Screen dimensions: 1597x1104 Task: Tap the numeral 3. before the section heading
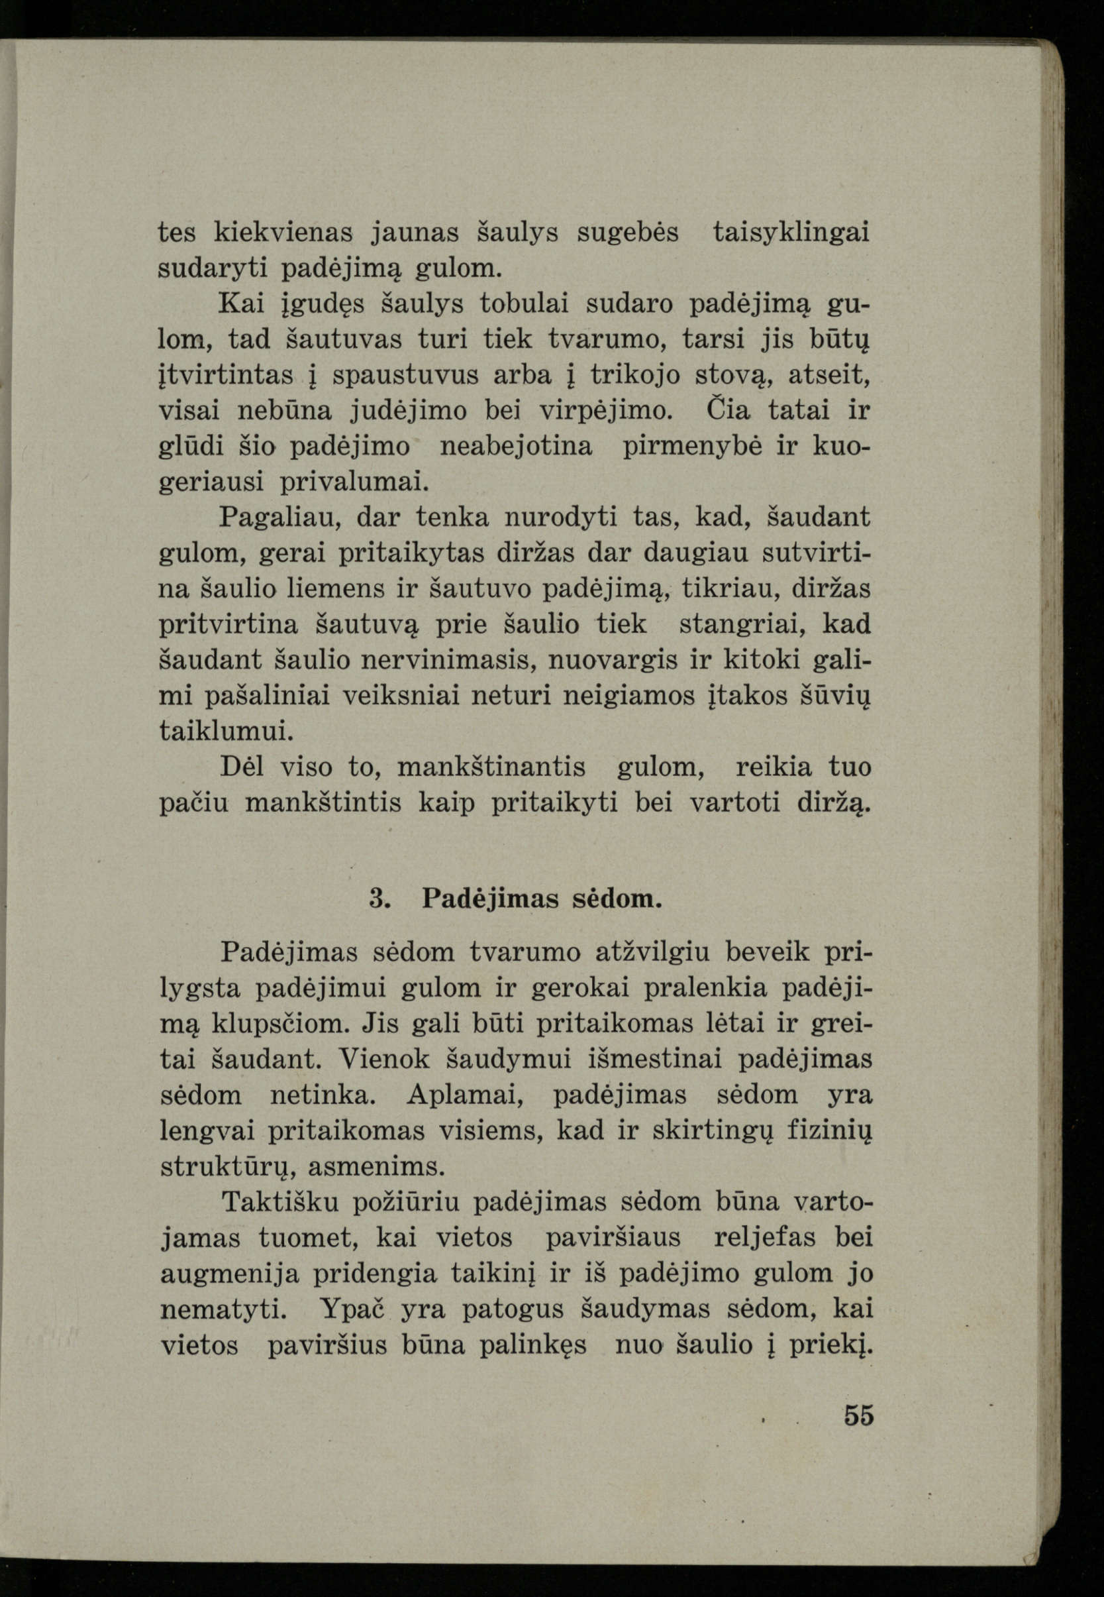(x=379, y=899)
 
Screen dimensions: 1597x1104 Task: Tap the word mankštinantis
(x=491, y=767)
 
